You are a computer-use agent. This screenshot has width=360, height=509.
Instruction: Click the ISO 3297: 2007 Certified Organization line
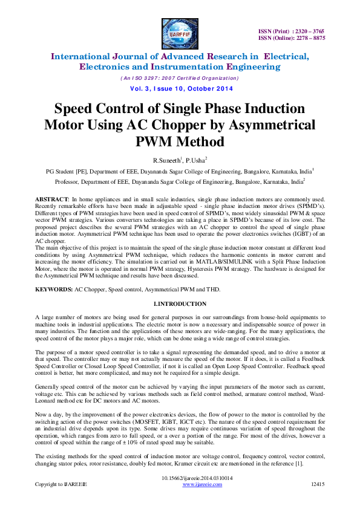click(180, 79)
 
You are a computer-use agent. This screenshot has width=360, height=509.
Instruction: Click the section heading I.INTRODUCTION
click(180, 303)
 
